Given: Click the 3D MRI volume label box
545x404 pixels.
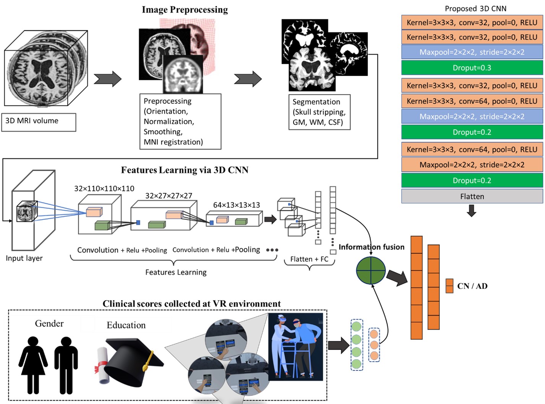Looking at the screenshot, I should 39,122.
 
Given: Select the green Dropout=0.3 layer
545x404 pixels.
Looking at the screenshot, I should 472,68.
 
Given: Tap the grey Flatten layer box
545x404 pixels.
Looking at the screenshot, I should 472,196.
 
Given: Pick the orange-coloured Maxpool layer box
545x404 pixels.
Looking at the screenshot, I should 472,165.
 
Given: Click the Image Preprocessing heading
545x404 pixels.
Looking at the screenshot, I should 185,10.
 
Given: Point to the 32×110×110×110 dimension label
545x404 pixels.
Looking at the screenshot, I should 104,188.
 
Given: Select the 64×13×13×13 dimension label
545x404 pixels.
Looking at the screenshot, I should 236,205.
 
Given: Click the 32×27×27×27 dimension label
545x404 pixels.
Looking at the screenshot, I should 169,196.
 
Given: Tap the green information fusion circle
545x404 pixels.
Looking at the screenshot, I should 371,270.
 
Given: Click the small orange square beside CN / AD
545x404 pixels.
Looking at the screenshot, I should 449,286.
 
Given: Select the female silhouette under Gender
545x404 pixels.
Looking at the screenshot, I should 33,365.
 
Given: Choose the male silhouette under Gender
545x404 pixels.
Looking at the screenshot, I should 66,365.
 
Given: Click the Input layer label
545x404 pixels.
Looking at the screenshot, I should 24,258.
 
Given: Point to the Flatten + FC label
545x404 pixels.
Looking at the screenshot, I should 309,259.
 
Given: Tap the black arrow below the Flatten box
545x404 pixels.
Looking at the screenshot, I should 472,210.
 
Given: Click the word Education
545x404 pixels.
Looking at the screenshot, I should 126,325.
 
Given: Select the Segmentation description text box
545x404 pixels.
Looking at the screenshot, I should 319,112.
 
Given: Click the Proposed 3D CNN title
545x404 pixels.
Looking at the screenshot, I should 475,8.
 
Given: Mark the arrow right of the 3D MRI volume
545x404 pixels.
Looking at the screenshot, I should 107,79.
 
